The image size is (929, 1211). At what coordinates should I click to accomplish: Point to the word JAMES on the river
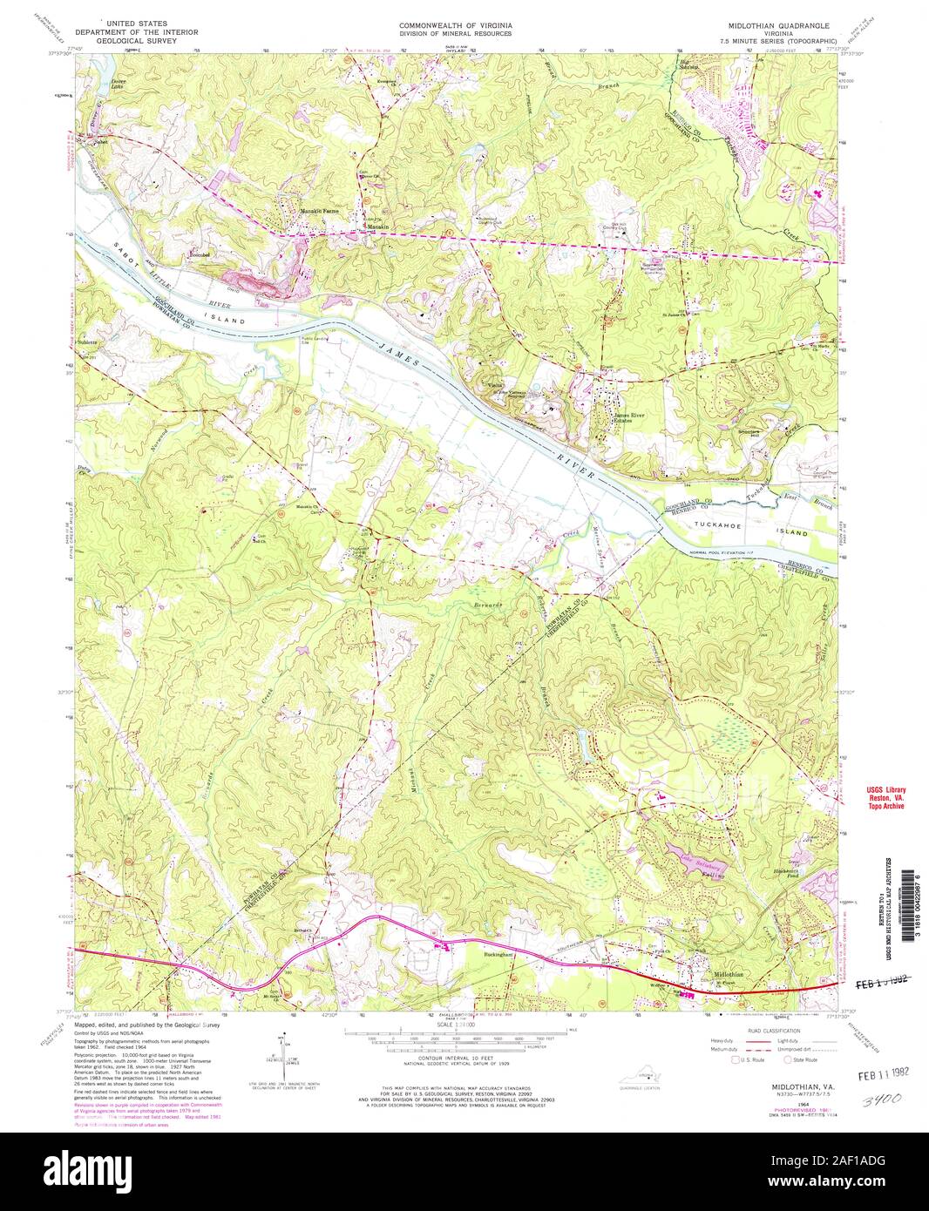pyautogui.click(x=397, y=355)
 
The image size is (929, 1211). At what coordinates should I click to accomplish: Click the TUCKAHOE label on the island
pyautogui.click(x=717, y=526)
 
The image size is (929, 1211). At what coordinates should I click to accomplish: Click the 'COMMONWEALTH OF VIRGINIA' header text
pyautogui.click(x=455, y=26)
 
